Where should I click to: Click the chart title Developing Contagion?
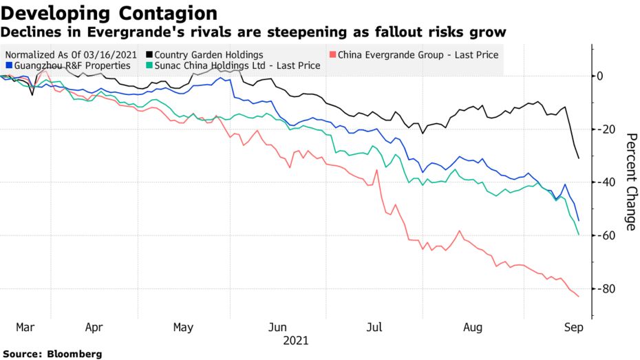point(109,13)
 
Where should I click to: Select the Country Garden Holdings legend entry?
point(209,54)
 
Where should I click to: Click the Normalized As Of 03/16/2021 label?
point(71,54)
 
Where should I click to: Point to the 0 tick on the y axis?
point(600,76)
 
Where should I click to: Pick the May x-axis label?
point(184,328)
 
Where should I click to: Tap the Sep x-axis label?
point(573,328)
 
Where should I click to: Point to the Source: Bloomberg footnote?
point(52,354)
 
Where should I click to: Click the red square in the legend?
point(334,55)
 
